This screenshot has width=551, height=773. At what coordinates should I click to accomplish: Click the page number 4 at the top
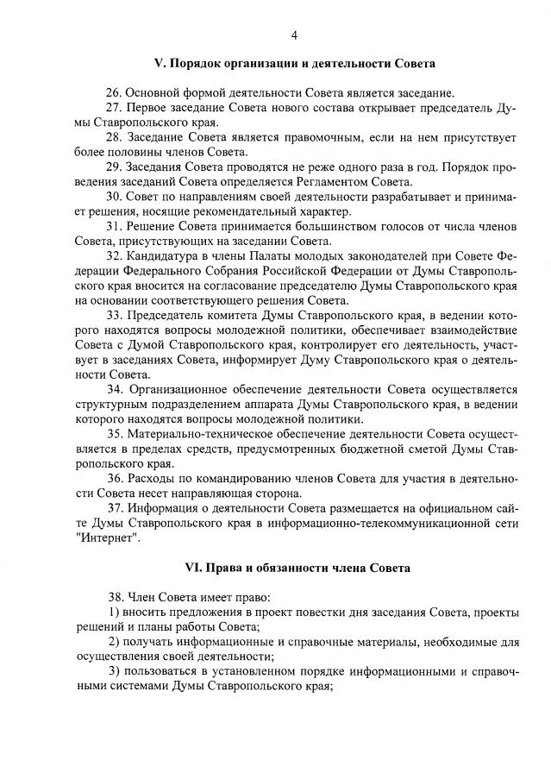(294, 35)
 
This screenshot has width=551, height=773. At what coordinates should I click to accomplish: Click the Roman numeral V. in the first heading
(159, 64)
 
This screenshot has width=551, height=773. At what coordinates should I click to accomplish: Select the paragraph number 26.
(115, 92)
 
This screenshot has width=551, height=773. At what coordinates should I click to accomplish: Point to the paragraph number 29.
(115, 167)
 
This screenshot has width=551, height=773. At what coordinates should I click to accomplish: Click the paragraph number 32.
(115, 256)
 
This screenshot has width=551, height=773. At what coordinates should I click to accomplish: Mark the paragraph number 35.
(115, 433)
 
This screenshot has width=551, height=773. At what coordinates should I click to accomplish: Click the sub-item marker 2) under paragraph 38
(114, 641)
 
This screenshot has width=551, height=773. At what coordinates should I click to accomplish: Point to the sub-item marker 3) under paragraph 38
(114, 671)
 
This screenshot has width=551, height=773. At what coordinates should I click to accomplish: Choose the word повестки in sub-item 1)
(313, 612)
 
